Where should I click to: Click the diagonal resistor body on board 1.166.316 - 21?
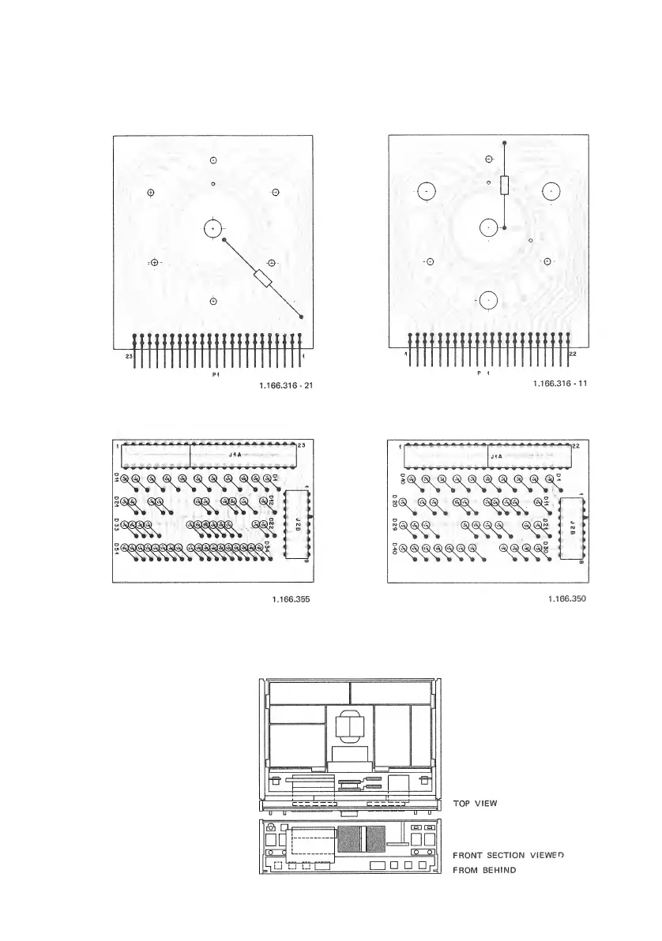(x=263, y=278)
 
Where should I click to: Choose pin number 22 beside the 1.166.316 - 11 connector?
(x=573, y=354)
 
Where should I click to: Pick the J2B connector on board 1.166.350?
(x=572, y=527)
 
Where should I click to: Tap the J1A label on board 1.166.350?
(x=496, y=456)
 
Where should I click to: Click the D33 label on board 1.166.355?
(x=116, y=524)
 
